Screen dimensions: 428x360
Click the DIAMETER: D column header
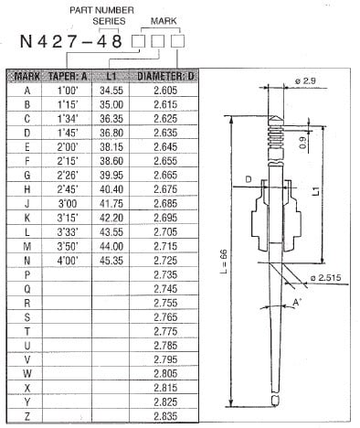point(164,76)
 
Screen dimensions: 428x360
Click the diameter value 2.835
point(165,415)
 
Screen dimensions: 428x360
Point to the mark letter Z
point(26,415)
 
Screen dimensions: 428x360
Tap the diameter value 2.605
point(165,91)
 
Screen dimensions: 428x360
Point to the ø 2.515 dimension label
point(324,277)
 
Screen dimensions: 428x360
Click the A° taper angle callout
point(297,301)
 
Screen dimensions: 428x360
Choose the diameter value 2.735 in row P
point(165,273)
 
